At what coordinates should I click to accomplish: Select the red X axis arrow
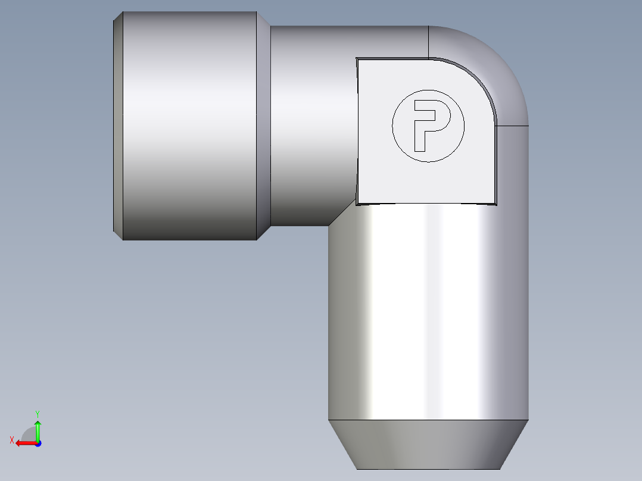(26, 443)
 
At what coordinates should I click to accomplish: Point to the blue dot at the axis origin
(38, 443)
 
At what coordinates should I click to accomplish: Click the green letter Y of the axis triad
(38, 414)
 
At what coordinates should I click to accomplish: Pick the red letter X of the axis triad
(12, 441)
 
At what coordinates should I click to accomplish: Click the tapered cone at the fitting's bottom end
(428, 445)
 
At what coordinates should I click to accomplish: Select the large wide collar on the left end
(189, 126)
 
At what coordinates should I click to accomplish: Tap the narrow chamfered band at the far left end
(118, 126)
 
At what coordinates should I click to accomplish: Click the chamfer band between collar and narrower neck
(263, 126)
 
